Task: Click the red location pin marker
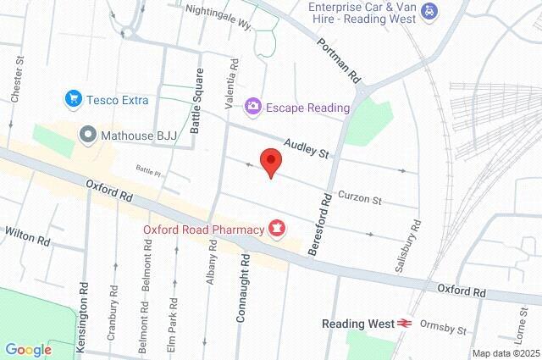tap(270, 161)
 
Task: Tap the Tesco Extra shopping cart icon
tap(74, 99)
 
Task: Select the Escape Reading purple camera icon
tap(252, 107)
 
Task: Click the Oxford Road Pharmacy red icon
tap(276, 227)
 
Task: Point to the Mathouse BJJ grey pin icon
tap(87, 134)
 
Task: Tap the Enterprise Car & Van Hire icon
tap(430, 12)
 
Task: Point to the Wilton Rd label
tap(26, 235)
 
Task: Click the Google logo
tap(28, 349)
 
